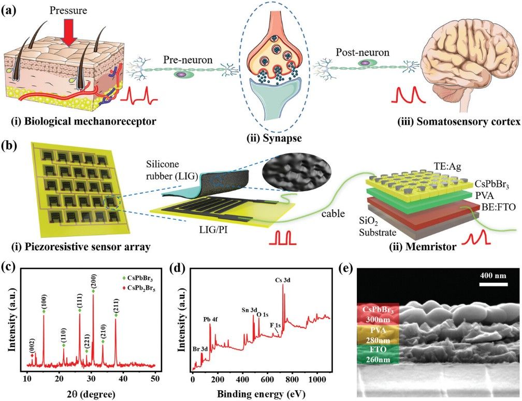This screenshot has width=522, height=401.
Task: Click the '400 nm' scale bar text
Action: click(x=491, y=275)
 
